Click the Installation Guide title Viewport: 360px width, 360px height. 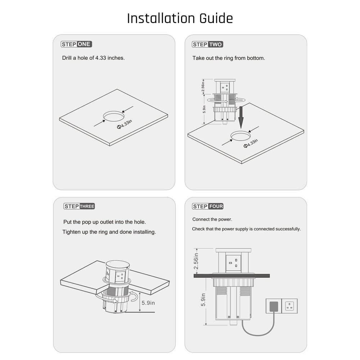point(180,19)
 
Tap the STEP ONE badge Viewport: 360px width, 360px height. point(76,44)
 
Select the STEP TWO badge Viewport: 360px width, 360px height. point(207,44)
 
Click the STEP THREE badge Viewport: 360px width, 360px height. point(79,206)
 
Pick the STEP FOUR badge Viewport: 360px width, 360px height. point(208,206)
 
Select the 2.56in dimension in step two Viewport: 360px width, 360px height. point(203,86)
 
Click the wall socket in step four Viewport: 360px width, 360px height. point(289,306)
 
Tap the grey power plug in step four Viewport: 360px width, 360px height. point(274,306)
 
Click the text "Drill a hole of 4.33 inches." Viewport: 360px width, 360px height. point(94,58)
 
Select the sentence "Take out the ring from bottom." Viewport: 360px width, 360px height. point(229,58)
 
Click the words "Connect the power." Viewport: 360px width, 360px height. point(212,219)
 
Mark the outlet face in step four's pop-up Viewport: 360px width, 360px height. point(233,261)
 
